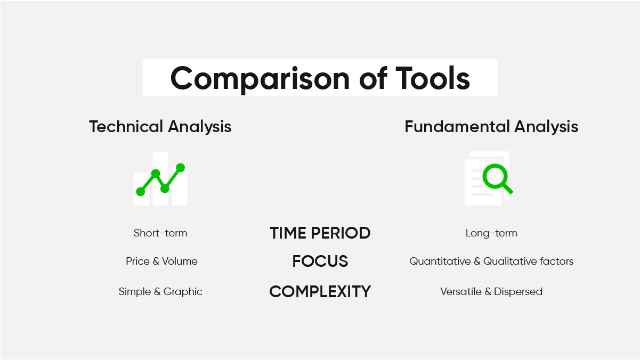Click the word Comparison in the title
[260, 79]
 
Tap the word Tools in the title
[433, 78]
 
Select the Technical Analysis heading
[160, 127]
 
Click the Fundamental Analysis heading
[491, 127]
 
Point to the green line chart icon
[160, 179]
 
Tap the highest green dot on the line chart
[180, 168]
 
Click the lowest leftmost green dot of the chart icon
[141, 192]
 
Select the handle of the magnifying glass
[507, 189]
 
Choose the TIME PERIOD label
[320, 233]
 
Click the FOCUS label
[320, 261]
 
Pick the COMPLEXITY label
[320, 292]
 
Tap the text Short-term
[160, 233]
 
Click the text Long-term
[491, 233]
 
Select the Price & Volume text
[161, 261]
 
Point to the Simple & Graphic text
[160, 292]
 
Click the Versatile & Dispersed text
[491, 292]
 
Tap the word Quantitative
[440, 261]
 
